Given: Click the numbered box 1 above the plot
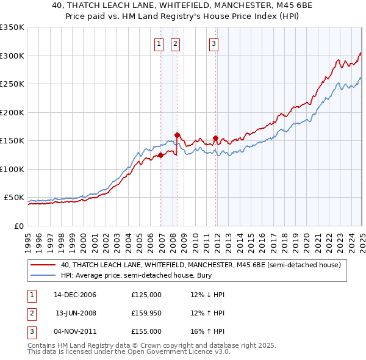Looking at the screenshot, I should click(x=159, y=43).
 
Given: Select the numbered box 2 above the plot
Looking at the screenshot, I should click(x=175, y=43).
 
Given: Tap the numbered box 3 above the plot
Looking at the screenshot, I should click(x=214, y=43).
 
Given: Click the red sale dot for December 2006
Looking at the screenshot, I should click(x=161, y=155).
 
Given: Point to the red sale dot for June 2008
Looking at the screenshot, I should click(x=177, y=135).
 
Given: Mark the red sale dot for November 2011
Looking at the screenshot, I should click(x=215, y=138).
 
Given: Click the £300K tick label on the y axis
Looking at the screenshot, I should click(x=12, y=56).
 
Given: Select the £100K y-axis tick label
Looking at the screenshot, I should click(x=12, y=169).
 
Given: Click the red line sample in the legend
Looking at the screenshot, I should click(x=43, y=265).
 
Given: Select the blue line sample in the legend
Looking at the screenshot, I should click(x=43, y=276).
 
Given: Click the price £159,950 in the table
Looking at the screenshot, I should click(x=146, y=313).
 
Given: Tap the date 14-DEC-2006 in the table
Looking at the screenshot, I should click(x=75, y=295).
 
